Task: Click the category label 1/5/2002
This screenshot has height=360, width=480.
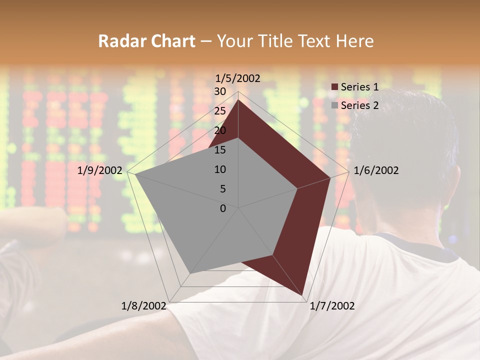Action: [x=237, y=78]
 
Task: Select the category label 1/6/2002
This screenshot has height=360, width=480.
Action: [x=376, y=170]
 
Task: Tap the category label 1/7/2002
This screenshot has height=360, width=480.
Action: [x=332, y=306]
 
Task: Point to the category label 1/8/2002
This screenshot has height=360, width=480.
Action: [x=143, y=306]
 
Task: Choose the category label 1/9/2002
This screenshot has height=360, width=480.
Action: [x=100, y=170]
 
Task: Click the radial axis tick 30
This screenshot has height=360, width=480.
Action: [x=220, y=91]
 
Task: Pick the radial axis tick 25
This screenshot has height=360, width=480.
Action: [x=220, y=111]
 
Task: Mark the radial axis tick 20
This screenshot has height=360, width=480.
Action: [x=220, y=130]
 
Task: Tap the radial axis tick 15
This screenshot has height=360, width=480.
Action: [x=220, y=150]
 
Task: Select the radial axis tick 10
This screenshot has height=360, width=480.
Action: [x=220, y=169]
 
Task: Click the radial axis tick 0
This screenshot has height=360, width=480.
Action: [x=223, y=208]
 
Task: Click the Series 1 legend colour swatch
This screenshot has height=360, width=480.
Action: [x=335, y=87]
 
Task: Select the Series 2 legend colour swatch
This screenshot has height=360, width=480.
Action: [x=335, y=105]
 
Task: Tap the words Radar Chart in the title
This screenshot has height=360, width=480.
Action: [x=146, y=41]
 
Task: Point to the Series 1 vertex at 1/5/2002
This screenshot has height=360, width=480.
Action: [x=238, y=100]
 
